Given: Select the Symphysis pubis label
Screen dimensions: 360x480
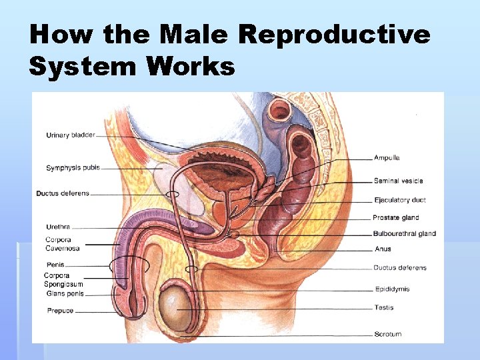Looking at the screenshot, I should [x=73, y=168].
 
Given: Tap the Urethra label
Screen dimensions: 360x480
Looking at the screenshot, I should [x=58, y=227].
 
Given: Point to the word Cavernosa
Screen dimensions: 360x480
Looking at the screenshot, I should [x=63, y=249].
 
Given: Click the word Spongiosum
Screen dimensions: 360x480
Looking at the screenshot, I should [x=64, y=284].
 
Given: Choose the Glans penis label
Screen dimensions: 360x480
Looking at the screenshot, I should [x=65, y=293].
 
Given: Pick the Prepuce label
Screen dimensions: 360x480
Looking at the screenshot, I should [x=60, y=311].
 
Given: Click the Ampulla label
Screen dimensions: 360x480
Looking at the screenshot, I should [x=387, y=158].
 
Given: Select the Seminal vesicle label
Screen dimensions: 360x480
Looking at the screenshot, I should [x=398, y=181].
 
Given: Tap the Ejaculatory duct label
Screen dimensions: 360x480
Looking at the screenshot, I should [x=399, y=200].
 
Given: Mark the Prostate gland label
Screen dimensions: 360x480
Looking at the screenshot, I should [x=396, y=217].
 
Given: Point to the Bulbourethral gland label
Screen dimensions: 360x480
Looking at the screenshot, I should [x=404, y=233].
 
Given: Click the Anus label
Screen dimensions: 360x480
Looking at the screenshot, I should [x=383, y=249].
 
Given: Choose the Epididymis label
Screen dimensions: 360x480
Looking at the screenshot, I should [x=392, y=289].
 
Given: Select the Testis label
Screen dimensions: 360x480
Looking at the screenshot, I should [x=384, y=308].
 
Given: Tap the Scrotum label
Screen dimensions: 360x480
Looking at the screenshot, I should [x=388, y=334].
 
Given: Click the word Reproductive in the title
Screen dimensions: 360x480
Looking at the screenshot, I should [x=334, y=35].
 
